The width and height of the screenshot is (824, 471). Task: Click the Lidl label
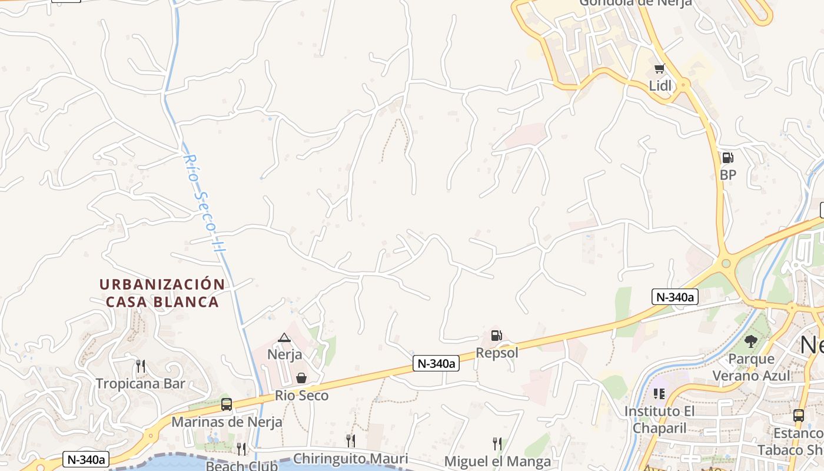(660, 86)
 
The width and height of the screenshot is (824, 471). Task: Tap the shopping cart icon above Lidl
(659, 69)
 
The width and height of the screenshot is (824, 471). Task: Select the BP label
(728, 175)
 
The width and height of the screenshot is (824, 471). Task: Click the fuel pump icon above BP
(727, 158)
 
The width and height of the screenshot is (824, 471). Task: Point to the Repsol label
(497, 353)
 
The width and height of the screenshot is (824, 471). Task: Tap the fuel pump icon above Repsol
(496, 336)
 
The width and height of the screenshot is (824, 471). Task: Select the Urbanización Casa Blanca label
(162, 293)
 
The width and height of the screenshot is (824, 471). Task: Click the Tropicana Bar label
(141, 384)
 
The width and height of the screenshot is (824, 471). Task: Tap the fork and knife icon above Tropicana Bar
(140, 366)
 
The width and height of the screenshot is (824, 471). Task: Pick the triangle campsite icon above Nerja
(284, 337)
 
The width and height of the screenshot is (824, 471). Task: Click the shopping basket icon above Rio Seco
(301, 378)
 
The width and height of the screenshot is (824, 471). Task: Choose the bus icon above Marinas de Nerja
(227, 404)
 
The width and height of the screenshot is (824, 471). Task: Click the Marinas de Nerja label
(227, 422)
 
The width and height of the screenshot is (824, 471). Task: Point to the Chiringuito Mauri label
(350, 459)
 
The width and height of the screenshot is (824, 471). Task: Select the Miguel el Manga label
(497, 461)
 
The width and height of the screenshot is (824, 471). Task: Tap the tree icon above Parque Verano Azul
(751, 341)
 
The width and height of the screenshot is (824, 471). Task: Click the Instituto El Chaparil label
(659, 419)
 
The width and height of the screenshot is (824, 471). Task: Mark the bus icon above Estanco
(798, 415)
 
